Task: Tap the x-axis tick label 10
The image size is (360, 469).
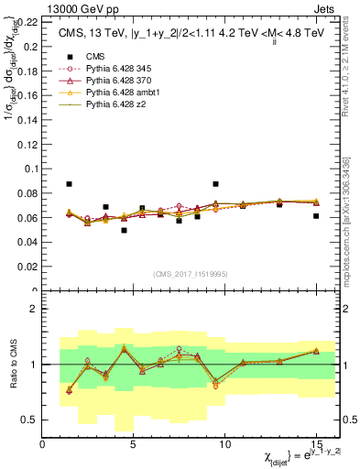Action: pyautogui.click(x=224, y=443)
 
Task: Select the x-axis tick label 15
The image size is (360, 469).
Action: pyautogui.click(x=316, y=443)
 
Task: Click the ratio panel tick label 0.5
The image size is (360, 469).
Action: pyautogui.click(x=31, y=420)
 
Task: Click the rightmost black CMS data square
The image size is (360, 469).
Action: pyautogui.click(x=316, y=216)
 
